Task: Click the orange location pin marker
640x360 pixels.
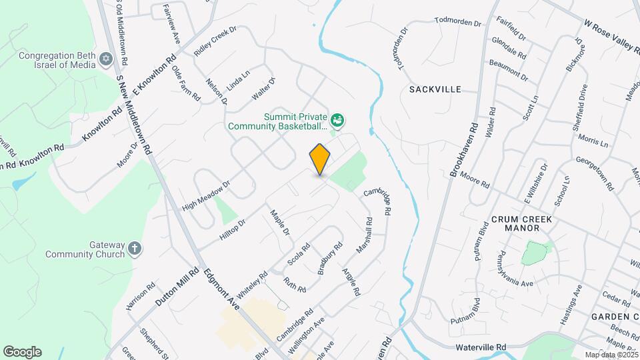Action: (320, 159)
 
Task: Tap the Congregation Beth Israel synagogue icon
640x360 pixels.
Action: (105, 60)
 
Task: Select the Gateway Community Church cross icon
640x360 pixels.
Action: (135, 249)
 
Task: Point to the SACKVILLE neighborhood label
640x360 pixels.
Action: (435, 89)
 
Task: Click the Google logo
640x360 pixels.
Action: (23, 351)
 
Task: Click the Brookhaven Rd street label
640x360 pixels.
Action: (465, 150)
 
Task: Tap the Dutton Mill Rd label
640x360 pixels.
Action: (177, 287)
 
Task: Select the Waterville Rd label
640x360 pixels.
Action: (481, 347)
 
